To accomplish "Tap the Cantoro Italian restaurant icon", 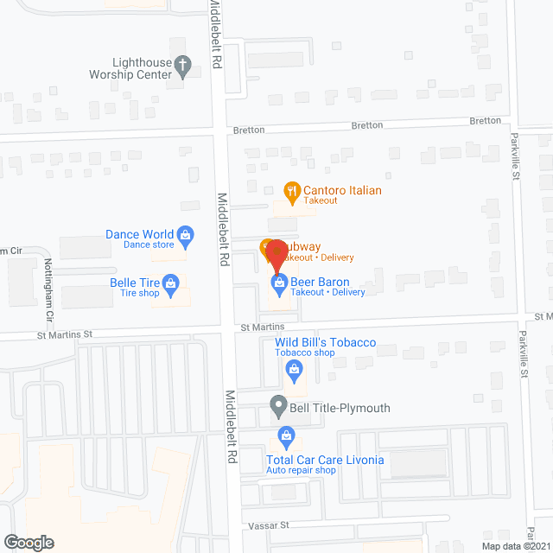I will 292,191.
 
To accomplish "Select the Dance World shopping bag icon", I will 185,234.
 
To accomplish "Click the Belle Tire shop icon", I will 171,283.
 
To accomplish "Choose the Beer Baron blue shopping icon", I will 280,283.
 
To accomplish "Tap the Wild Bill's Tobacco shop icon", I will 292,370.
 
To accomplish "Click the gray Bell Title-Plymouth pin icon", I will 278,404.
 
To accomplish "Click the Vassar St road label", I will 270,525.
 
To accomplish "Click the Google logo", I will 28,543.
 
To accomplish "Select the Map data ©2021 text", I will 515,546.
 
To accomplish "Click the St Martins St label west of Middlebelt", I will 63,334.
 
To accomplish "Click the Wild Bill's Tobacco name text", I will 325,343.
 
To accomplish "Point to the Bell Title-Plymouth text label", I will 341,408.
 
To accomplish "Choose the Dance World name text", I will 139,234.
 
